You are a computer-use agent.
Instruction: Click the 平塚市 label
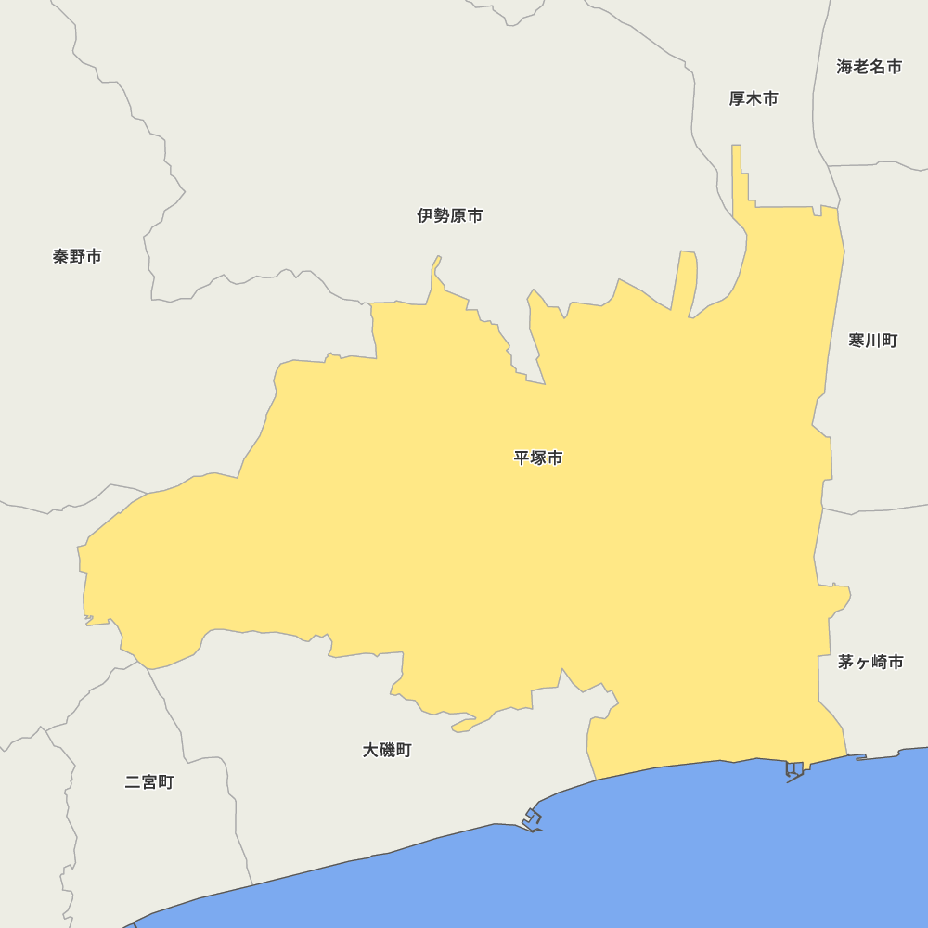click(x=538, y=458)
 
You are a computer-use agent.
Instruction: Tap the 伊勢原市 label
click(x=450, y=215)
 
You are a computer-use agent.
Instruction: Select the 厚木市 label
click(x=754, y=98)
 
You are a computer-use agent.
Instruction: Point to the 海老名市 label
click(x=870, y=67)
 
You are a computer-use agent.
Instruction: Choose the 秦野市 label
click(x=77, y=256)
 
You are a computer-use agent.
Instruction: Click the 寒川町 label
click(x=873, y=341)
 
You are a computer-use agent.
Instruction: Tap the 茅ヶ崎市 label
click(x=870, y=662)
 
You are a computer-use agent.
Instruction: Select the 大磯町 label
click(x=387, y=750)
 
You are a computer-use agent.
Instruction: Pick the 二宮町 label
click(x=149, y=782)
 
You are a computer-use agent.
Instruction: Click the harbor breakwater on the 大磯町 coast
click(x=533, y=819)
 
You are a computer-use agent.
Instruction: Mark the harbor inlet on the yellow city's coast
click(x=794, y=770)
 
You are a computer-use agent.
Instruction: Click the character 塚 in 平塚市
click(x=538, y=458)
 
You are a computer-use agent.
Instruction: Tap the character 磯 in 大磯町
click(x=387, y=750)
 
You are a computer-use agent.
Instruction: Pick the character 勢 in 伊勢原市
click(x=442, y=215)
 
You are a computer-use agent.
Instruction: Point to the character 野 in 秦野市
click(x=77, y=256)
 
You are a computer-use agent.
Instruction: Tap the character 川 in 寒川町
click(x=873, y=341)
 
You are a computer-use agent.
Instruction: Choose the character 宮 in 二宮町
click(x=149, y=782)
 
